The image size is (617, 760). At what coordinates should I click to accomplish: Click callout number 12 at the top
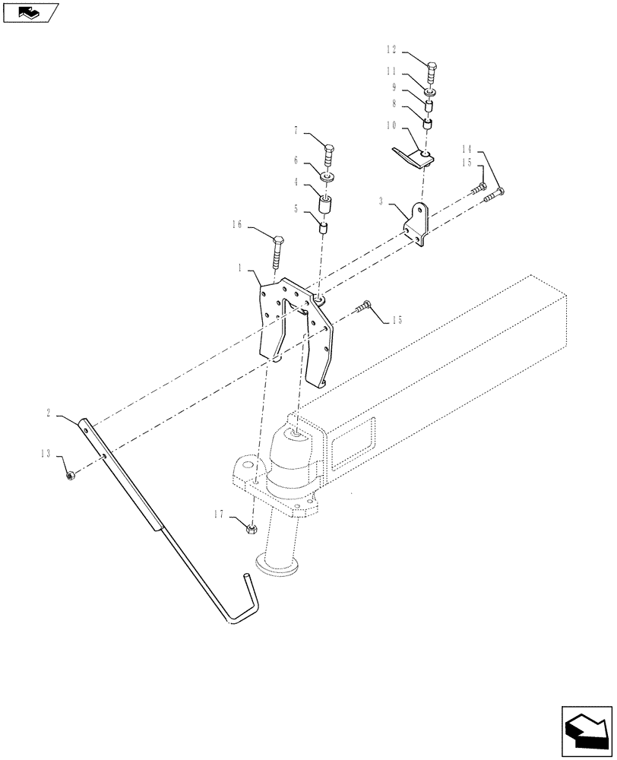point(391,50)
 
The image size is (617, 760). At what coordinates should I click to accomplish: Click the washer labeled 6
point(328,178)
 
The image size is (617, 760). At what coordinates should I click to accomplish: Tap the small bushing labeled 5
point(323,227)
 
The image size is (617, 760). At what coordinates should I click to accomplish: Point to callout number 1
point(239,268)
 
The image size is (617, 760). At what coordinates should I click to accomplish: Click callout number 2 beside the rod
point(49,413)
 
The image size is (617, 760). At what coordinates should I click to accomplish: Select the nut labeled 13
point(69,477)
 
